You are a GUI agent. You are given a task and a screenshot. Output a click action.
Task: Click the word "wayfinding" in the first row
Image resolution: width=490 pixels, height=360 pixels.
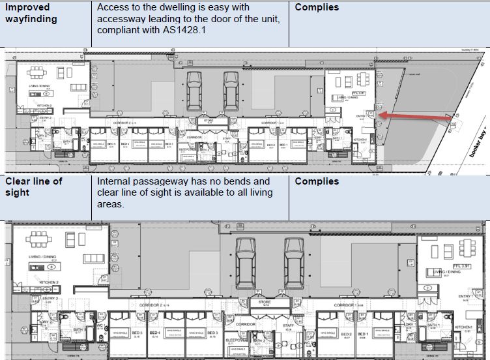31,19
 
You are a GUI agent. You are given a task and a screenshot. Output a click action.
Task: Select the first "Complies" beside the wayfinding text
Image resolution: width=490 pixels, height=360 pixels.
317,7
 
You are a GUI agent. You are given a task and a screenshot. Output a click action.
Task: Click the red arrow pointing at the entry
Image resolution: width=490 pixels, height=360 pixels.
411,117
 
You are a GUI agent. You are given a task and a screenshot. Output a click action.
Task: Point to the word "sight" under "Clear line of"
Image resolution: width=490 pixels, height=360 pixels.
19,193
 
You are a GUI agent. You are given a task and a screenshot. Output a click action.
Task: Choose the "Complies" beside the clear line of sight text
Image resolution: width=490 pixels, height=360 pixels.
317,181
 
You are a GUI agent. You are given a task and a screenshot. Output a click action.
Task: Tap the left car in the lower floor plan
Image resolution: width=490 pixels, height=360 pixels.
245,262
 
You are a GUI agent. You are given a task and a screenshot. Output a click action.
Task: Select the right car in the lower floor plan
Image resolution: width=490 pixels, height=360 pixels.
294,262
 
